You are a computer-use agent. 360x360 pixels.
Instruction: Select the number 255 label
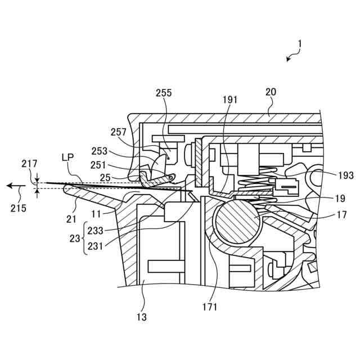pos(164,93)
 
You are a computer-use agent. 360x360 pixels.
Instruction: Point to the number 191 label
pos(229,100)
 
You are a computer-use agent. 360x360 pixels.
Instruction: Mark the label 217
pos(30,164)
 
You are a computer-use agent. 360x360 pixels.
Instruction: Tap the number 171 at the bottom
pos(209,307)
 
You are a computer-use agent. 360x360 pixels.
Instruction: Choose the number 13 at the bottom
pos(141,317)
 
